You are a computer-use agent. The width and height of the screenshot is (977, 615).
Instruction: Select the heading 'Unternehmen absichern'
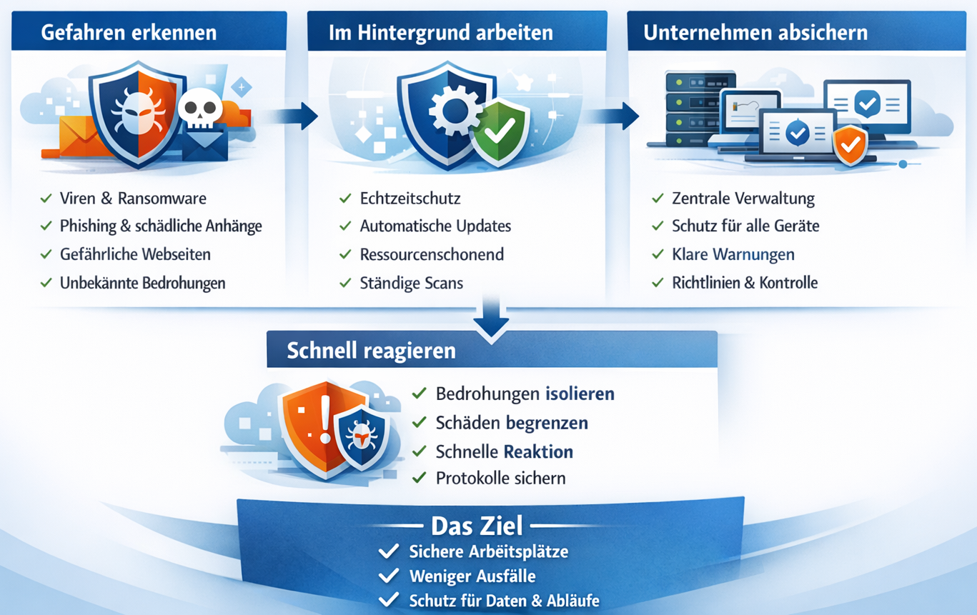755,32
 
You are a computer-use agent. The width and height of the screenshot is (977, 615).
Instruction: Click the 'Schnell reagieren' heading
371,351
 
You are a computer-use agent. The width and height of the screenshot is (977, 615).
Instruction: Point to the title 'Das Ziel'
477,526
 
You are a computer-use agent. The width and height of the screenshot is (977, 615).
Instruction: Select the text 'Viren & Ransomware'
133,199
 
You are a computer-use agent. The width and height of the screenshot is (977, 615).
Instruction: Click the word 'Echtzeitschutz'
410,199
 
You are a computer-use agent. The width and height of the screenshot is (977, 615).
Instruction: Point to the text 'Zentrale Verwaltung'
743,199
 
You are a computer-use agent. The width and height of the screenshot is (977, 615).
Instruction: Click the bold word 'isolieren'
580,394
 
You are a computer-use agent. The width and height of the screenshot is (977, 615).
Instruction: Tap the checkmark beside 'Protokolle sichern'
420,478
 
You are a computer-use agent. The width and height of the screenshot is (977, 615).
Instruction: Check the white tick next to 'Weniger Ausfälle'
389,576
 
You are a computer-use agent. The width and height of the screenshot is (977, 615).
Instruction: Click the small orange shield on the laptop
850,145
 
